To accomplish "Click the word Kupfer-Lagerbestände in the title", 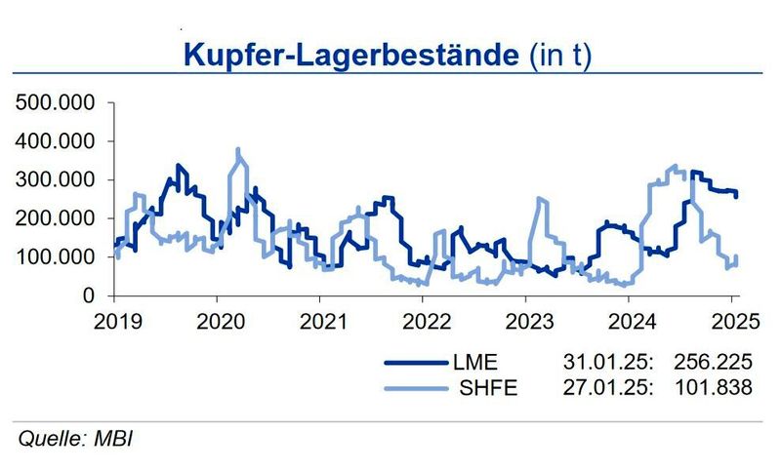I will tap(349, 54).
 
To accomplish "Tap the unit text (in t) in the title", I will tap(560, 54).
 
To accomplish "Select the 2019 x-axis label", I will tap(116, 321).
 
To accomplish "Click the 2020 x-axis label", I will tap(220, 321).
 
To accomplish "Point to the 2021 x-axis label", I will tap(322, 321).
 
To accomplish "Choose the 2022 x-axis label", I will tap(426, 321).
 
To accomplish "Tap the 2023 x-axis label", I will tap(528, 321).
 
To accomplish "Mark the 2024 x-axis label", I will tap(632, 321).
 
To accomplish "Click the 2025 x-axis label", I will tap(733, 321).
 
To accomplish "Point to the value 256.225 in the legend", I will tap(714, 363).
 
